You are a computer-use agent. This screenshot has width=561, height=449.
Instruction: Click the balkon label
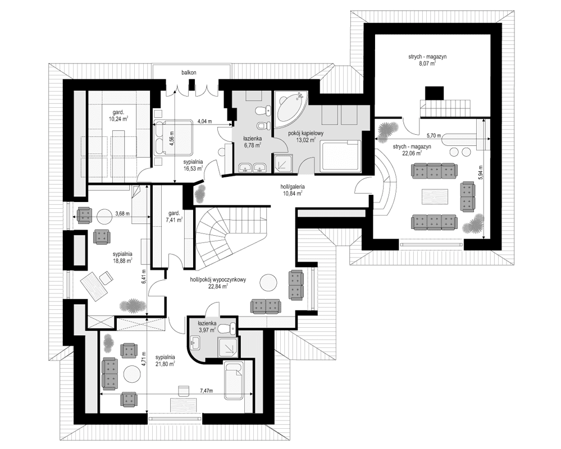click(189, 72)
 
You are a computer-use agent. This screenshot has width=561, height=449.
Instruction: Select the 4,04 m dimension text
click(204, 121)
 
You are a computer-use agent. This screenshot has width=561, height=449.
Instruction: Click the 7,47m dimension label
click(206, 391)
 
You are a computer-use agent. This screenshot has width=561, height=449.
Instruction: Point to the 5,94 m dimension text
click(481, 173)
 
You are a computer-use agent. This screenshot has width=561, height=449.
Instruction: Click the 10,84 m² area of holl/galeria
click(293, 193)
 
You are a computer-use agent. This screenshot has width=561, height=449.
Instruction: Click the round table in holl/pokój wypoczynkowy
click(268, 283)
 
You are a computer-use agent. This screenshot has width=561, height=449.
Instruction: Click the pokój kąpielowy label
click(305, 134)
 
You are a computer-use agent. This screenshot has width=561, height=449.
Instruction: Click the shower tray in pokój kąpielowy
click(283, 163)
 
